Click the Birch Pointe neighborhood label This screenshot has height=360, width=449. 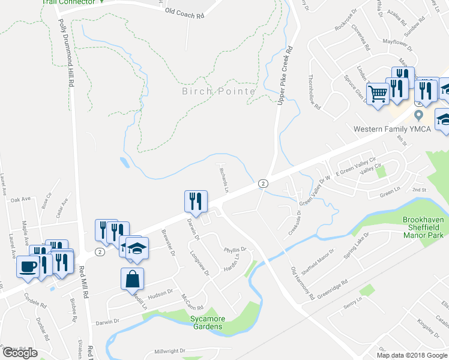(219, 91)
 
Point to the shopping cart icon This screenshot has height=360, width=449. (378, 94)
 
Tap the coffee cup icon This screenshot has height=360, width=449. (28, 267)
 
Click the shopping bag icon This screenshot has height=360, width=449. (132, 280)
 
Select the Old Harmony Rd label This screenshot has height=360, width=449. (303, 284)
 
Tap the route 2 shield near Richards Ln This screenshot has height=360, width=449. (262, 183)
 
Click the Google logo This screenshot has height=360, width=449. (19, 353)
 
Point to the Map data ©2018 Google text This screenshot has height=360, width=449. (411, 355)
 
